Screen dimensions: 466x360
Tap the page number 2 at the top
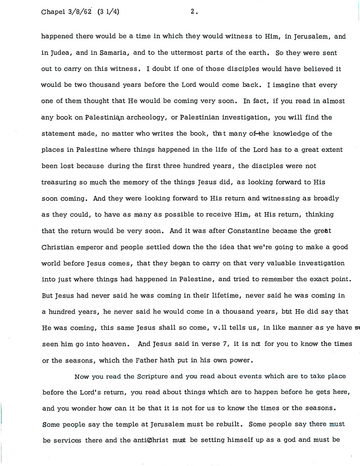tap(193, 12)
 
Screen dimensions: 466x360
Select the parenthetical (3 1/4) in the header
tap(108, 12)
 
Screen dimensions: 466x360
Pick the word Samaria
tap(102, 54)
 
